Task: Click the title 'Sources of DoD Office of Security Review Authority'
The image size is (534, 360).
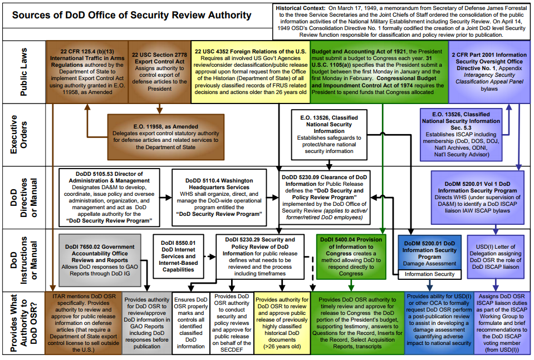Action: (x=132, y=16)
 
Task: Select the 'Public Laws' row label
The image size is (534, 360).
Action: (x=23, y=72)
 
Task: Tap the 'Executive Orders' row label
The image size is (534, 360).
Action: (x=19, y=135)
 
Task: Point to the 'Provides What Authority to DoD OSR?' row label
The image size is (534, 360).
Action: (x=23, y=323)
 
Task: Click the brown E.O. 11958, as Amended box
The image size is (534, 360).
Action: (x=166, y=137)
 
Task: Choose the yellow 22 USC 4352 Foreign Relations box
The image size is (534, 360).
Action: (x=251, y=72)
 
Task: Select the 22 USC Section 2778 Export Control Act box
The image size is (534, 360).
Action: (x=159, y=72)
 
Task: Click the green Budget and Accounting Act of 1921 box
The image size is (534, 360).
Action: (x=379, y=72)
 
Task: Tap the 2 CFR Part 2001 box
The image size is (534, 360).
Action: (x=489, y=72)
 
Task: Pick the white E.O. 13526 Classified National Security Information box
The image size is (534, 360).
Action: (x=329, y=135)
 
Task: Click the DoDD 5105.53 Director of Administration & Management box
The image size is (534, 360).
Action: (x=109, y=198)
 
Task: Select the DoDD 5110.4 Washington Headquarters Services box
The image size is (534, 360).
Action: (x=219, y=198)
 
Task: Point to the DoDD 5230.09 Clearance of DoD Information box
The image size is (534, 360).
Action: (x=325, y=198)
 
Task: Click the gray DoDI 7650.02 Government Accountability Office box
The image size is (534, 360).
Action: (x=100, y=260)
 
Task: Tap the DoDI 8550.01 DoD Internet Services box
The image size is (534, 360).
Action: (x=178, y=256)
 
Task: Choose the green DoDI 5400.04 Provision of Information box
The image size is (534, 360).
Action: (x=351, y=256)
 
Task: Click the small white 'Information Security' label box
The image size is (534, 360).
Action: (x=429, y=274)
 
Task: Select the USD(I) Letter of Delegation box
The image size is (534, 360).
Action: (x=496, y=257)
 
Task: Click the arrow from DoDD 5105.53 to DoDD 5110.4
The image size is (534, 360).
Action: (x=166, y=198)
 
